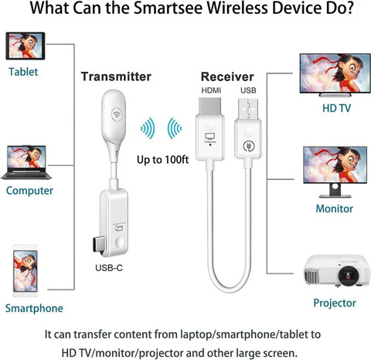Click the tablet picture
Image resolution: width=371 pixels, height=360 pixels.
26,46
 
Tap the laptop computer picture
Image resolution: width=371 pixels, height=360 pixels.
26,162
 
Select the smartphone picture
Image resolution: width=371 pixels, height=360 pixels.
26,271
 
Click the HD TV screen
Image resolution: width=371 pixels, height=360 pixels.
335,73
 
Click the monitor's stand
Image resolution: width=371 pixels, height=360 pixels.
335,191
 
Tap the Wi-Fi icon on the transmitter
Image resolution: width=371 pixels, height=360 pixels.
117,114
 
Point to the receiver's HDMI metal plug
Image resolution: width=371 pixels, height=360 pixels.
209,106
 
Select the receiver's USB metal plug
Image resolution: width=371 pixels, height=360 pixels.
248,108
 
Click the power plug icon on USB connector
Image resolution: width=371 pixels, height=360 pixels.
249,147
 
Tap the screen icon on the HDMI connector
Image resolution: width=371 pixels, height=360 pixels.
210,136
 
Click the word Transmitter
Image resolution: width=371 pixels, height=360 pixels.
116,76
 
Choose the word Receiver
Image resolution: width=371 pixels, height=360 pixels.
227,76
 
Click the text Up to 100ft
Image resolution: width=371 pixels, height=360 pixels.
162,160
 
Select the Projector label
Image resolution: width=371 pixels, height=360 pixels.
335,303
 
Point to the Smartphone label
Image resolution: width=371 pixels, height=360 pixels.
34,308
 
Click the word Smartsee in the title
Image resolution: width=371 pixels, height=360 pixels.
168,8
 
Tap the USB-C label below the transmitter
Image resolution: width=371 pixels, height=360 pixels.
109,268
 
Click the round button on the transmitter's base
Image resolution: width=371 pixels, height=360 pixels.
119,243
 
